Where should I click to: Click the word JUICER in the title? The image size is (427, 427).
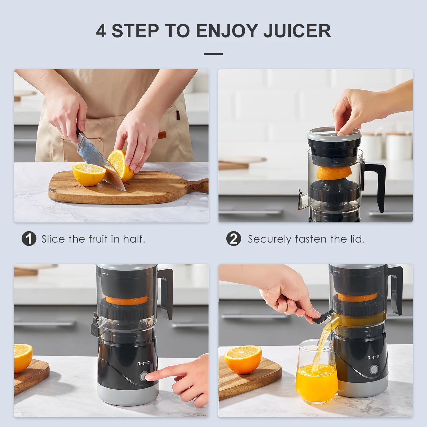[297, 31]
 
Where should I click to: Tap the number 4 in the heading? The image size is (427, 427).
[101, 31]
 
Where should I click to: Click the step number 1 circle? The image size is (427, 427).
[29, 239]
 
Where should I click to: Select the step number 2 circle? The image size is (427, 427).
[233, 239]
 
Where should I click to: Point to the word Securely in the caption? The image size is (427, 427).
[269, 239]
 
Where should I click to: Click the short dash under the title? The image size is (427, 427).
[213, 54]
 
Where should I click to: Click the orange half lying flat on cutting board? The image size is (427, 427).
[89, 174]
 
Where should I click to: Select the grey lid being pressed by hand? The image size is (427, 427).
[334, 134]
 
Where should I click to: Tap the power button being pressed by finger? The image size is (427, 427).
[143, 376]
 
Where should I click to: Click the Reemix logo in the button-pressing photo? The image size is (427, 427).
[144, 363]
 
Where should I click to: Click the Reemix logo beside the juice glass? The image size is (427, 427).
[374, 358]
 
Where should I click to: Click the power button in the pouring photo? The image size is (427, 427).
[374, 370]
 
